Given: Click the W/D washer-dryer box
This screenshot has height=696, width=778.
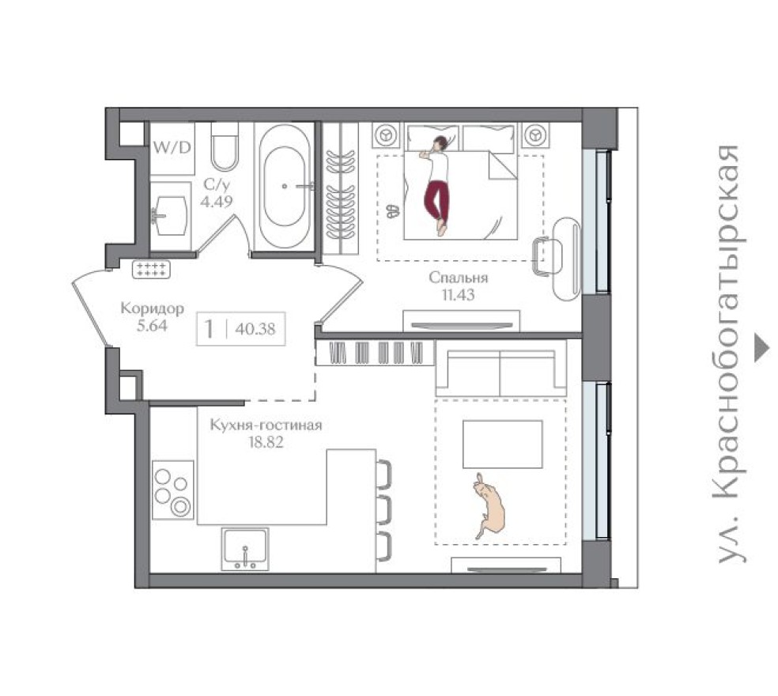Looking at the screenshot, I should [172, 147].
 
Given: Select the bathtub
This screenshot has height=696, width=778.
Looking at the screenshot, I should [286, 187].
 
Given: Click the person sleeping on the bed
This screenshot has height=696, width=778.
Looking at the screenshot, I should [436, 184].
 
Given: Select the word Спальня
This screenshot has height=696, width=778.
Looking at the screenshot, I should [459, 278].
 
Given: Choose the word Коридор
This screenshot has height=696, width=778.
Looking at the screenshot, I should [153, 308].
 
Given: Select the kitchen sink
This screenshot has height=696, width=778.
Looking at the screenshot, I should [245, 549].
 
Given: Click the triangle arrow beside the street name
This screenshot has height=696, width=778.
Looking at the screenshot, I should [761, 347].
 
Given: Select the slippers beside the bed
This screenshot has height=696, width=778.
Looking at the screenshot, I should [393, 211].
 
